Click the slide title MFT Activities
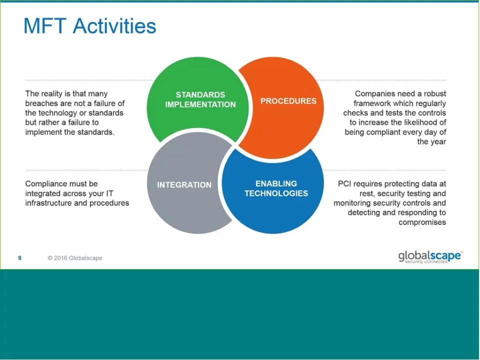click(89, 26)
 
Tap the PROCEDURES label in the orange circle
click(288, 101)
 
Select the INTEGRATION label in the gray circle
click(184, 185)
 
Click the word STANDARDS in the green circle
click(200, 94)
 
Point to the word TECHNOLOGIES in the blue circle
click(276, 193)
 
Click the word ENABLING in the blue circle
click(276, 183)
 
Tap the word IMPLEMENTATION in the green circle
click(200, 104)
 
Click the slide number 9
click(19, 258)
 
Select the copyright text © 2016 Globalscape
click(74, 258)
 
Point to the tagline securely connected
click(426, 261)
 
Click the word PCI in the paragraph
click(344, 183)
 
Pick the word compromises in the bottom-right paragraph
click(422, 222)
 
